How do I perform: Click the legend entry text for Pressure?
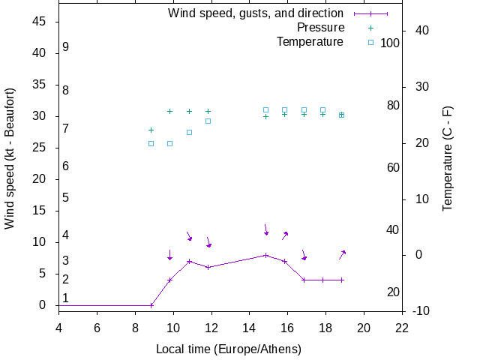pos(320,28)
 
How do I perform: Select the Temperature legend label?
pos(310,42)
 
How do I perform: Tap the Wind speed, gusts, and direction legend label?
pos(256,13)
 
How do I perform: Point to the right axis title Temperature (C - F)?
pos(448,158)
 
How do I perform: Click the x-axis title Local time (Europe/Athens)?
pos(229,349)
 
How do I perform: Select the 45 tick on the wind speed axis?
pos(40,22)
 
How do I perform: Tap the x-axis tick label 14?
pos(250,327)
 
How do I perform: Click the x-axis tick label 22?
pos(402,327)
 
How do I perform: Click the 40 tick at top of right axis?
pos(421,31)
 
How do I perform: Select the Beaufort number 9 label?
pos(66,47)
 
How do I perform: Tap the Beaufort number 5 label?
pos(66,198)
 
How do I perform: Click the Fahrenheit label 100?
pos(390,43)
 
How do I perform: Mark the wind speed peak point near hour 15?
pos(265,255)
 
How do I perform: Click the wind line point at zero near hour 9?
pos(151,305)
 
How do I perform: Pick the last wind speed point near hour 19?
pos(341,280)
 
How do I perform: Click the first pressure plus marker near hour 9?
pos(151,130)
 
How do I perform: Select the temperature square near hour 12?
pos(208,121)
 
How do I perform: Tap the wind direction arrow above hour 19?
pos(342,254)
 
